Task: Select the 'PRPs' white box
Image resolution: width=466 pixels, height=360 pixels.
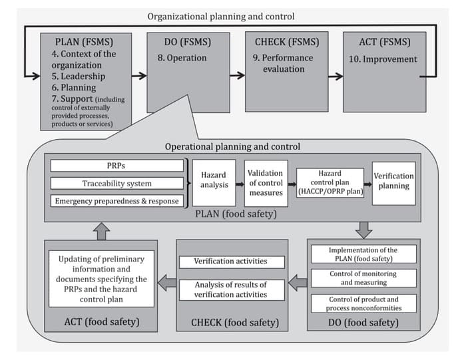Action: point(117,166)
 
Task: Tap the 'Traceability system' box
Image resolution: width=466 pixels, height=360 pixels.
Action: point(117,183)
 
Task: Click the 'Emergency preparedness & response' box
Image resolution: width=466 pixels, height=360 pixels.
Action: point(117,200)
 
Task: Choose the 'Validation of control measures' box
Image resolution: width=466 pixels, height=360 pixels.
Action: point(265,182)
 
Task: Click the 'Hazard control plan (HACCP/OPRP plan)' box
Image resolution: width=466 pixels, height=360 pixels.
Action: point(330,182)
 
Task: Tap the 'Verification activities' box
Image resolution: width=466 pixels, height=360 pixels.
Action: point(230,262)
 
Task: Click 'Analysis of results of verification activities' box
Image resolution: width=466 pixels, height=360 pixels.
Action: point(230,289)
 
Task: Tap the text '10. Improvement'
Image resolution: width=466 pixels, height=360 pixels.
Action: point(382,59)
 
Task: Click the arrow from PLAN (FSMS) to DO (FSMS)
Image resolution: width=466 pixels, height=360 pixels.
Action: point(139,75)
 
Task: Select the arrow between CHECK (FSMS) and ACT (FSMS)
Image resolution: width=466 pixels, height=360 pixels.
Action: point(335,75)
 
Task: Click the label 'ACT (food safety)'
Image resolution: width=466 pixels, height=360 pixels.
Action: point(101,323)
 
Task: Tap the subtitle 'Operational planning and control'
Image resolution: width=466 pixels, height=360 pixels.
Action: point(232,146)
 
